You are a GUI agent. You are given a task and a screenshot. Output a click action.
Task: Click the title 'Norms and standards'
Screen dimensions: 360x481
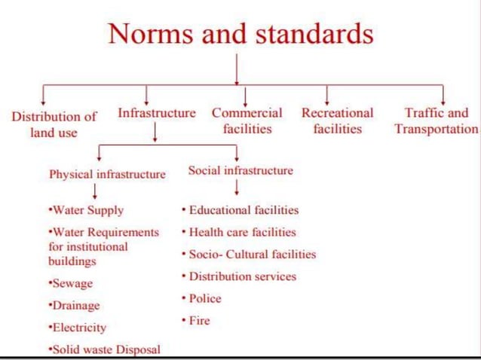point(240,34)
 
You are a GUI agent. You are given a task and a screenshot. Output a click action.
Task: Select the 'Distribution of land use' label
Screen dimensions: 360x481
point(54,124)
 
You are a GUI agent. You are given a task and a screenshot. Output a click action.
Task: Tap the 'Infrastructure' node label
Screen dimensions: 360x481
point(156,113)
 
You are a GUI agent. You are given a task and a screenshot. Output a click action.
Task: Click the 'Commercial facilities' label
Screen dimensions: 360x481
point(247,121)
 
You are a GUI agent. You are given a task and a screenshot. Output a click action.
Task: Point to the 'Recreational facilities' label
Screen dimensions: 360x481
point(337,121)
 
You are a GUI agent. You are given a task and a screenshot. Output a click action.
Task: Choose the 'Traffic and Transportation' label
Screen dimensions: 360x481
point(436,121)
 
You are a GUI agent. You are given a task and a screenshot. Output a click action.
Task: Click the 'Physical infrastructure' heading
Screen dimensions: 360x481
point(107,174)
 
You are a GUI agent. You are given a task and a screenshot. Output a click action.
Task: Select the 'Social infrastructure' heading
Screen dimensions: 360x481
point(240,170)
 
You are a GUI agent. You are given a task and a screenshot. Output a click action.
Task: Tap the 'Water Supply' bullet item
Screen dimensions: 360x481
point(85,210)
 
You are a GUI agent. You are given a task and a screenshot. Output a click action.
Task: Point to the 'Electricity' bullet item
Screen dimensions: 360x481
point(77,328)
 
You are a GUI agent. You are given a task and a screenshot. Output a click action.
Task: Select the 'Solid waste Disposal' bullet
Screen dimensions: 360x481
point(104,349)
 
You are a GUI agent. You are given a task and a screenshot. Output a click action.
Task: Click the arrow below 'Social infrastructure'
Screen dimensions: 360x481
point(237,188)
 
